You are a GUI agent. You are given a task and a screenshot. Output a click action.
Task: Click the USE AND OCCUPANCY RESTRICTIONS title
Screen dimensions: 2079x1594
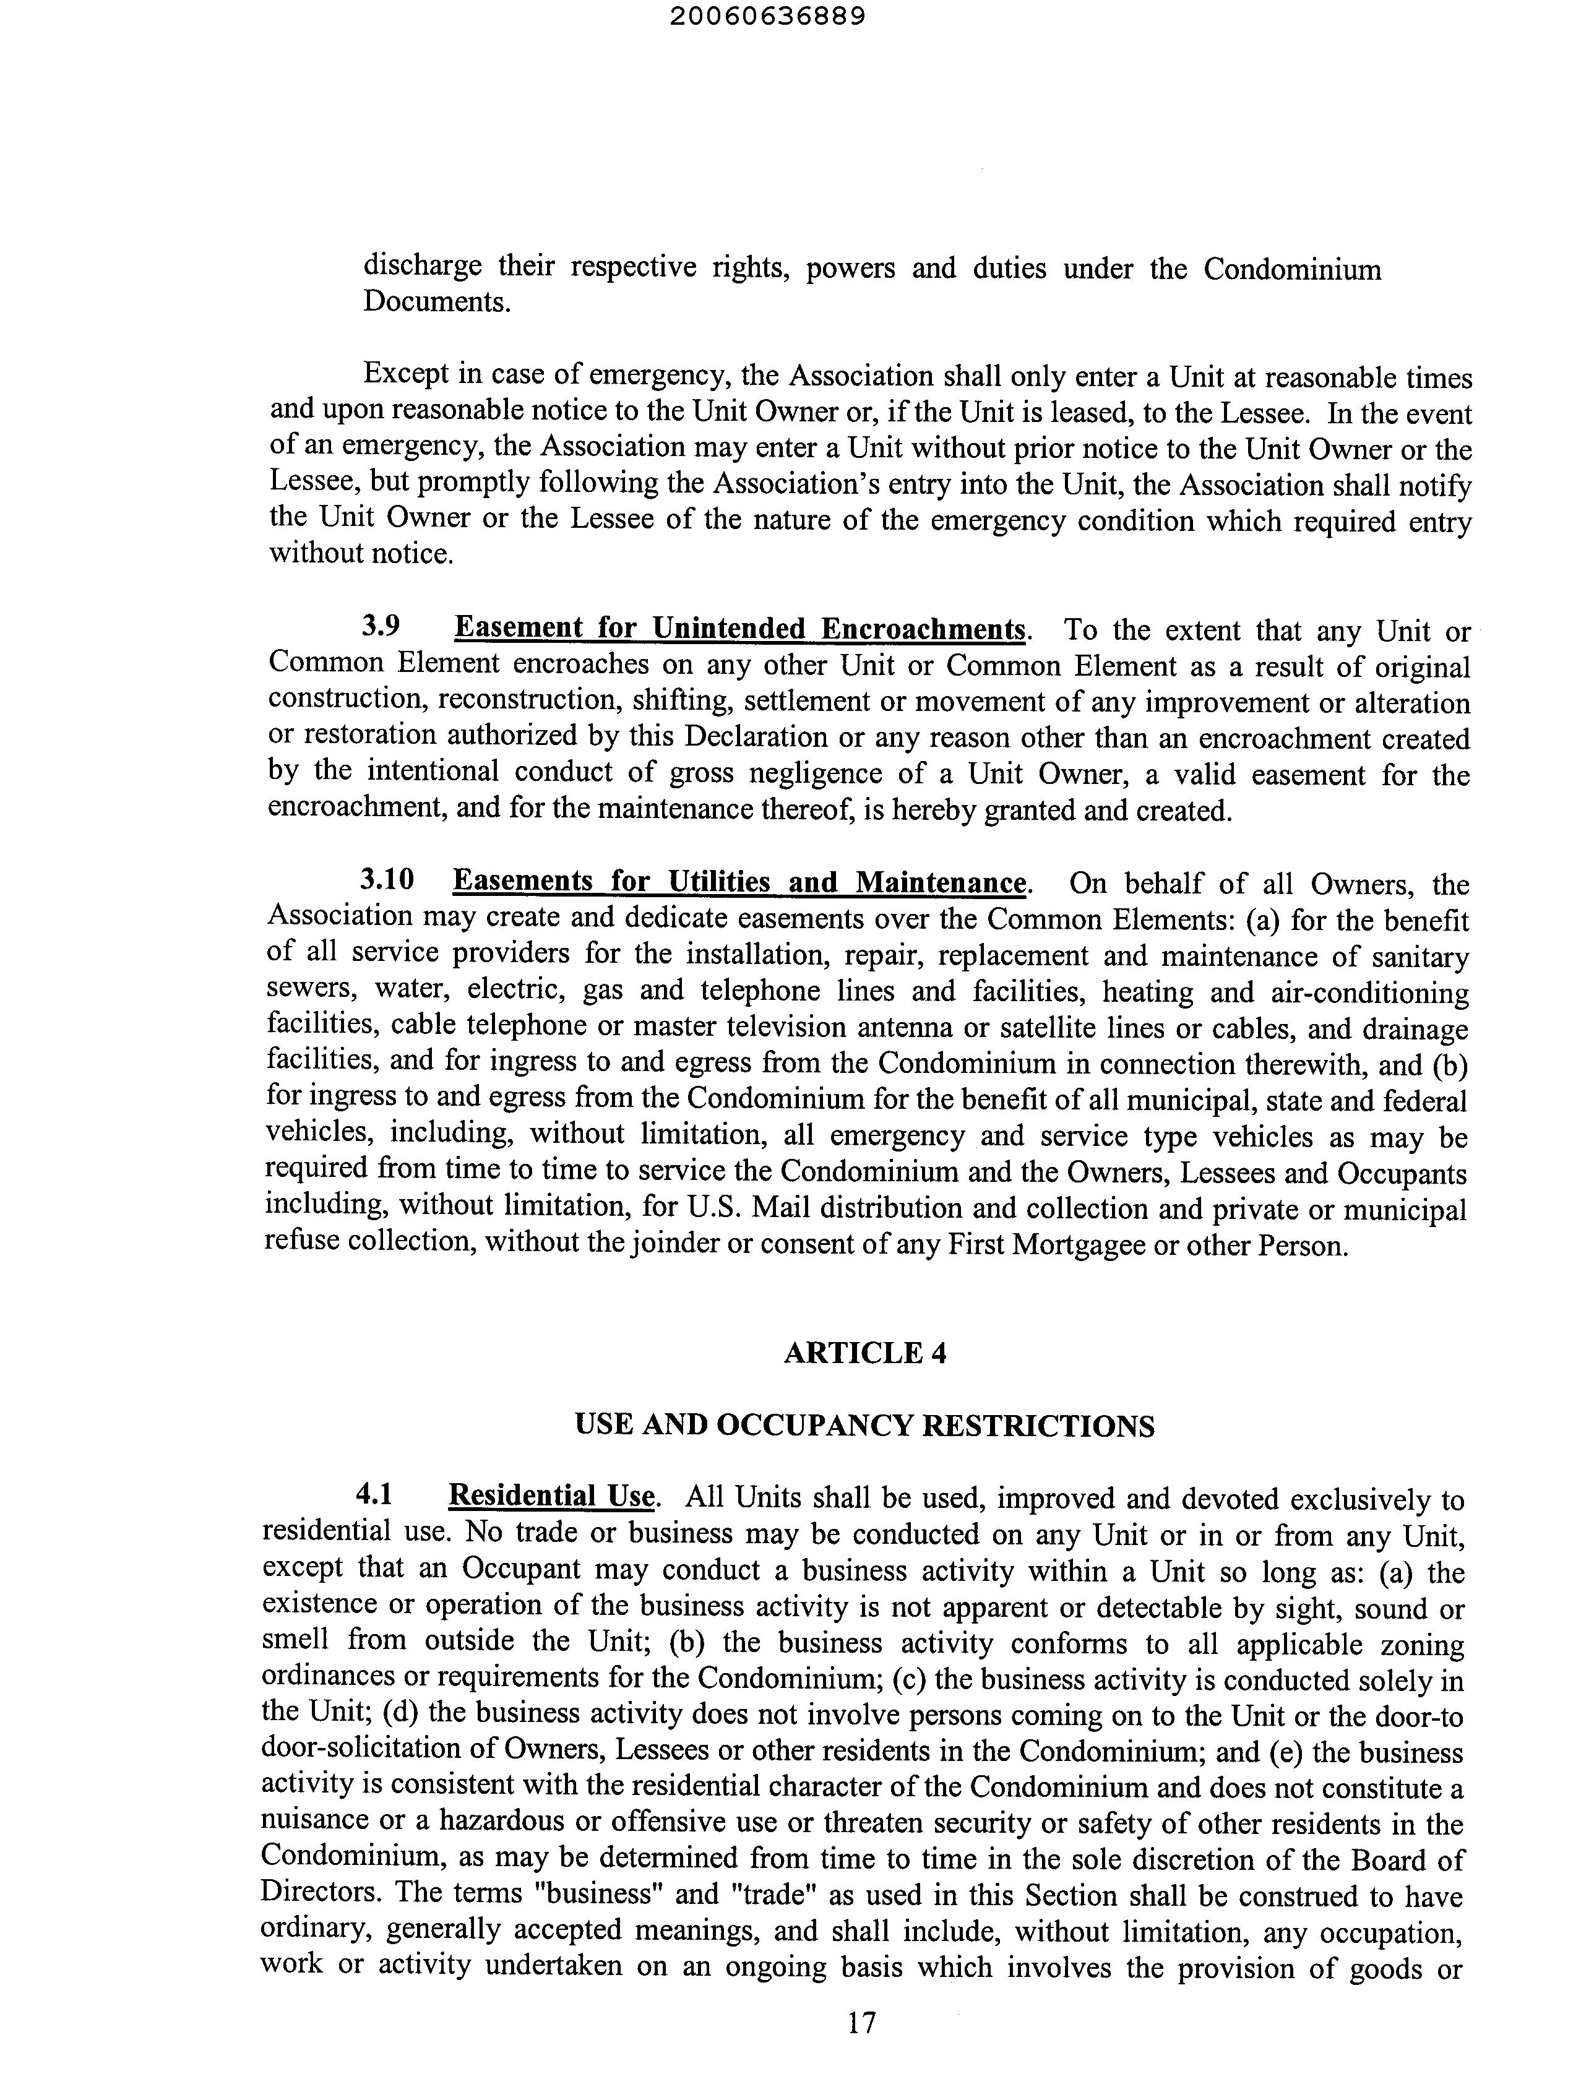[x=864, y=1426]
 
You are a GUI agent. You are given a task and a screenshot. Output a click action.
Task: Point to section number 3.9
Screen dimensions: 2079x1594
[x=381, y=627]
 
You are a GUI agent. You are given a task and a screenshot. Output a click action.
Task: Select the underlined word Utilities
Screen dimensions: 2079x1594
[x=720, y=882]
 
